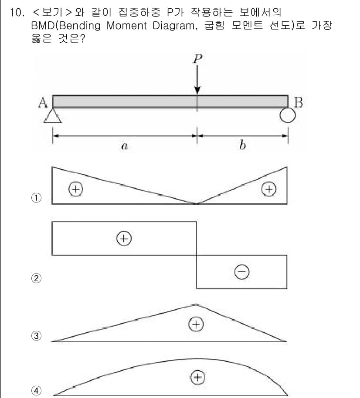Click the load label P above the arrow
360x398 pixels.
coord(198,59)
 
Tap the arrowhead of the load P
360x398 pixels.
coord(197,90)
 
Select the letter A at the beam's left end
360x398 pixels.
coord(43,103)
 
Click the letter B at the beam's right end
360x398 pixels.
coord(298,102)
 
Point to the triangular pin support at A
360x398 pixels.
coord(53,116)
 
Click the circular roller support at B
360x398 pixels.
coord(288,115)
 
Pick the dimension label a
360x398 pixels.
coord(125,146)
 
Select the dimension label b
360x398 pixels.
coord(243,145)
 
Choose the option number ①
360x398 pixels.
coord(36,198)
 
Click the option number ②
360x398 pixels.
coord(36,278)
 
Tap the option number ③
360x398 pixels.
coord(36,336)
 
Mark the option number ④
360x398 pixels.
coord(36,391)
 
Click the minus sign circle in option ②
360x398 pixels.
coord(242,272)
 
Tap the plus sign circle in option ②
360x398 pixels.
coord(124,238)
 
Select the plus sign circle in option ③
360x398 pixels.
coord(196,324)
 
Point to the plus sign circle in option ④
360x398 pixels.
coord(197,378)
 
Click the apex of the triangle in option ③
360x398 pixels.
coord(196,304)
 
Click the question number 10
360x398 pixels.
coord(17,13)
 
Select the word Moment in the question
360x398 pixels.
coord(126,26)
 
